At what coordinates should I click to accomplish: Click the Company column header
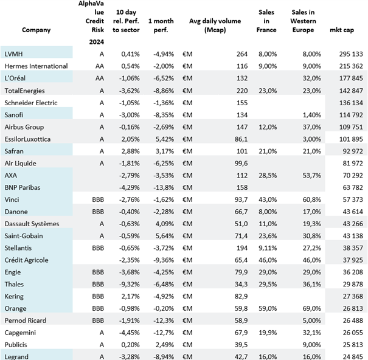[36, 30]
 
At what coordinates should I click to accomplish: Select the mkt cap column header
[342, 30]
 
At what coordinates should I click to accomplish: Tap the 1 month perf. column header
[161, 26]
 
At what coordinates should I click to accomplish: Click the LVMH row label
[13, 54]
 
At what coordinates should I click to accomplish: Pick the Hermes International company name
[36, 66]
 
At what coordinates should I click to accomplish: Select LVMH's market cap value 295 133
[351, 54]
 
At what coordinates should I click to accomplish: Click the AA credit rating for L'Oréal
[100, 78]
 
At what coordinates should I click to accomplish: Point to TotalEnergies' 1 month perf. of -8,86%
[164, 91]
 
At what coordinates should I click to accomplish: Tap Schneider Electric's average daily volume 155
[242, 103]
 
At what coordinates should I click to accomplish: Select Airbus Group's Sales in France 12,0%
[268, 127]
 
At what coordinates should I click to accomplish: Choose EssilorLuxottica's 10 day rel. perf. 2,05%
[131, 139]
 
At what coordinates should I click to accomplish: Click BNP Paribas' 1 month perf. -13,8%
[164, 187]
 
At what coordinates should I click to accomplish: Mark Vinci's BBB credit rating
[98, 199]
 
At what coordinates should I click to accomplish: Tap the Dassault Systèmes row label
[32, 224]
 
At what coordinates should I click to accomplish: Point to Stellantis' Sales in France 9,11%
[268, 248]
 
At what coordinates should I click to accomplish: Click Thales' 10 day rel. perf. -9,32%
[129, 284]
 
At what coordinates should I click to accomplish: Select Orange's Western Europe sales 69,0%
[311, 308]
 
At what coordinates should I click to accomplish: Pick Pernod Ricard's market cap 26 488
[353, 320]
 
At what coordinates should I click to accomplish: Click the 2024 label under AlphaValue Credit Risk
[97, 42]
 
